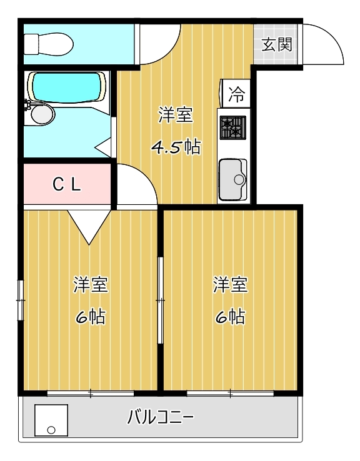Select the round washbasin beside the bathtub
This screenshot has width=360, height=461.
pyautogui.click(x=40, y=114)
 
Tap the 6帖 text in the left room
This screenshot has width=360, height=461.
pyautogui.click(x=91, y=317)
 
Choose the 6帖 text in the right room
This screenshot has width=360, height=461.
pyautogui.click(x=230, y=317)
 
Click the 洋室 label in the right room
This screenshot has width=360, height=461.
pyautogui.click(x=230, y=285)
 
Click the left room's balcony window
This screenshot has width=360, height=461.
pyautogui.click(x=91, y=393)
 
